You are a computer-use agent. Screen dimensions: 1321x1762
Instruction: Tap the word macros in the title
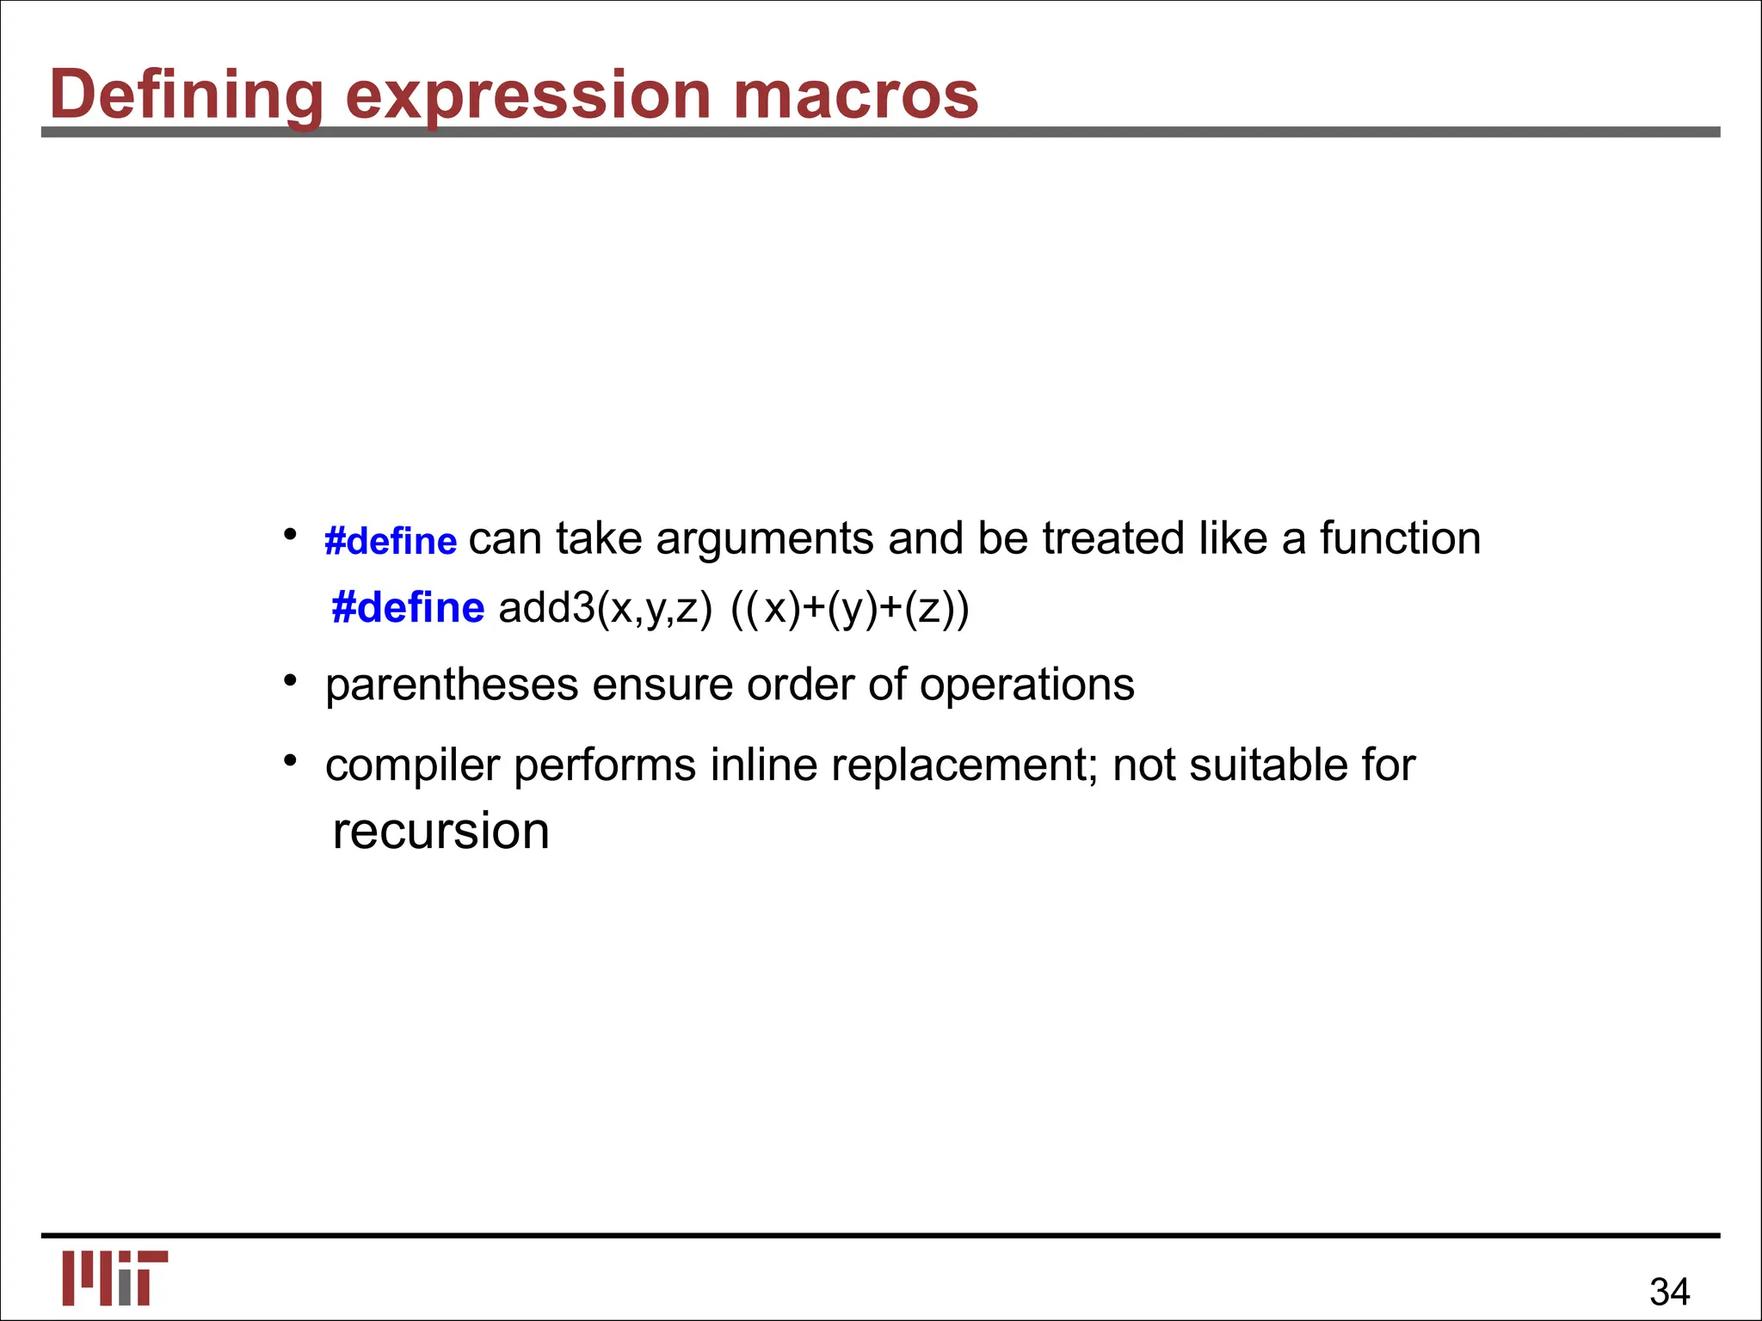click(855, 95)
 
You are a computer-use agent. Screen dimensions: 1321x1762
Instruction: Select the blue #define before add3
click(408, 608)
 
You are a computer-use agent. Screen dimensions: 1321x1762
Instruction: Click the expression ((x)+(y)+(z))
click(850, 609)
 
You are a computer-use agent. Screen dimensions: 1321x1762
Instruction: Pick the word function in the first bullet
click(1400, 539)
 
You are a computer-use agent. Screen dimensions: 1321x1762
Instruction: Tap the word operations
click(1026, 685)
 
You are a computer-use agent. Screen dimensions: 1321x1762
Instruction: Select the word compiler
click(412, 765)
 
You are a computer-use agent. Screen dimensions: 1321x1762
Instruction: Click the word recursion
click(440, 831)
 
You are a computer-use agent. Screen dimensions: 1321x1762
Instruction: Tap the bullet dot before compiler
click(291, 761)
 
